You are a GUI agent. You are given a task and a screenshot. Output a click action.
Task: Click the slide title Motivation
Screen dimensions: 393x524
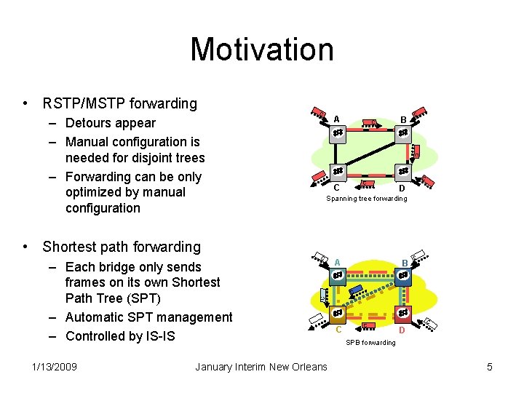pyautogui.click(x=262, y=49)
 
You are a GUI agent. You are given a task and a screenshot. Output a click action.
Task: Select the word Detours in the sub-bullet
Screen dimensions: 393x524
pyautogui.click(x=89, y=123)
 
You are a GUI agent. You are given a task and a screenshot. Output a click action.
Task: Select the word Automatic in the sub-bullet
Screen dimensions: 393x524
pyautogui.click(x=98, y=317)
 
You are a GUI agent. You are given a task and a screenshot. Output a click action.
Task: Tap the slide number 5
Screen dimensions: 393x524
pyautogui.click(x=490, y=367)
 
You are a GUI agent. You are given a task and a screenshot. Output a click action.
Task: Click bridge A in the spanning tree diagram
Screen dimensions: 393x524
pyautogui.click(x=338, y=133)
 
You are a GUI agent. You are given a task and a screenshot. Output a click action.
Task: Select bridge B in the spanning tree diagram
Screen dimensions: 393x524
pyautogui.click(x=403, y=133)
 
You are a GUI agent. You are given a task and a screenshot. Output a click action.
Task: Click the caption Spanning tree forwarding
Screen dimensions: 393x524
pyautogui.click(x=366, y=199)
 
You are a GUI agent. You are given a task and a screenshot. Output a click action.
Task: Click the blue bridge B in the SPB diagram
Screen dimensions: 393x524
pyautogui.click(x=403, y=276)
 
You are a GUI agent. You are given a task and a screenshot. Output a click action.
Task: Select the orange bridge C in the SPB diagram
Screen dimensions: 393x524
pyautogui.click(x=338, y=314)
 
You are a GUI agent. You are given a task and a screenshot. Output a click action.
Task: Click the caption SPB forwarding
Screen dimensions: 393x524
pyautogui.click(x=370, y=343)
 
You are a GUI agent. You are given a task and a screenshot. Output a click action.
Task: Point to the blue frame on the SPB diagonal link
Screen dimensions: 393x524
pyautogui.click(x=356, y=290)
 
